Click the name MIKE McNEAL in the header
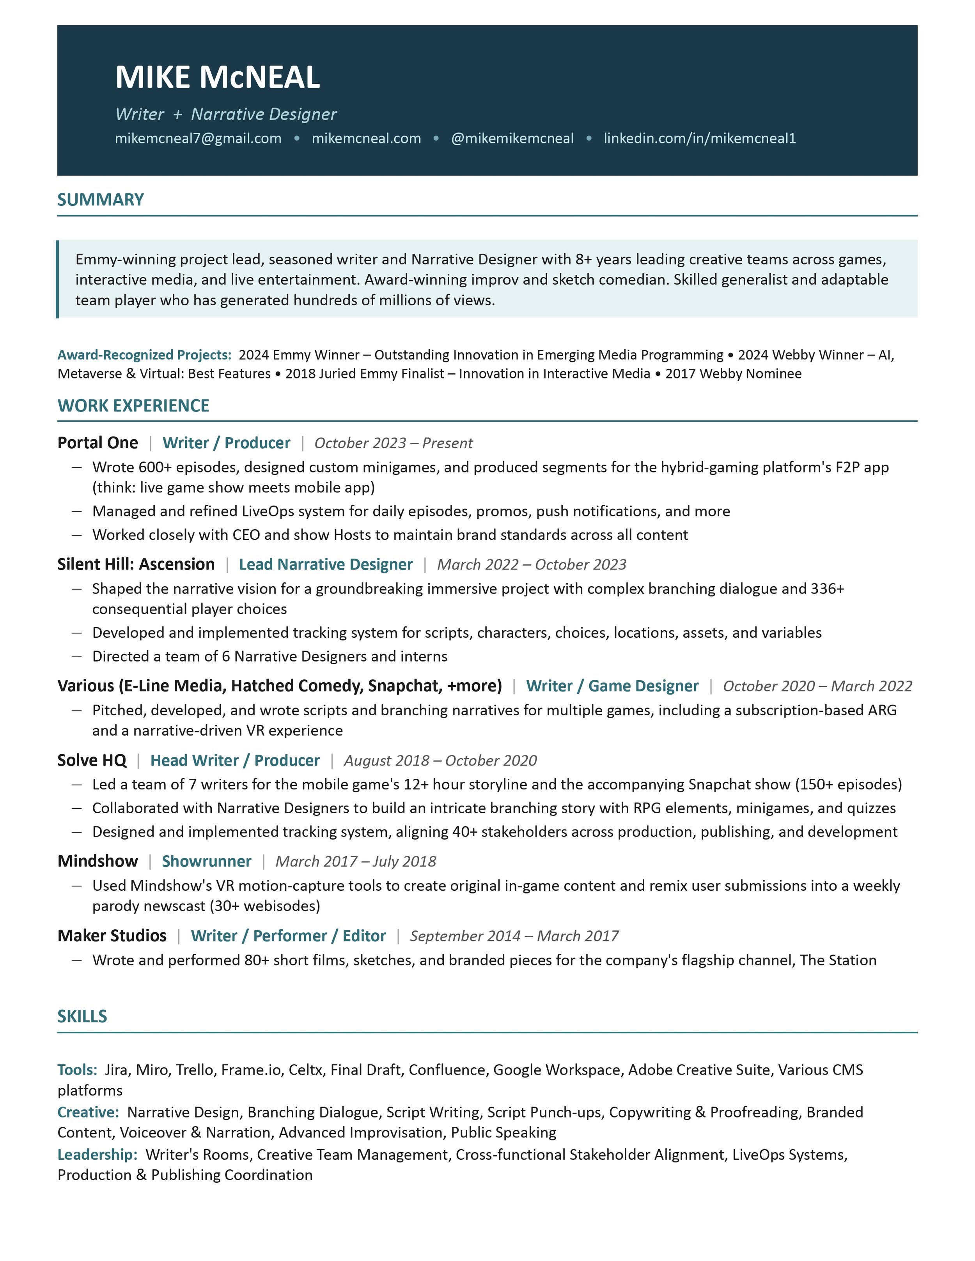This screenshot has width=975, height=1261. [x=217, y=77]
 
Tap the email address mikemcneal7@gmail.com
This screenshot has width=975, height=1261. [x=198, y=138]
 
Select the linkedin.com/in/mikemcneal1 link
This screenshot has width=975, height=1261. [x=700, y=138]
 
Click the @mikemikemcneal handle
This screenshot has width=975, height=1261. [x=512, y=138]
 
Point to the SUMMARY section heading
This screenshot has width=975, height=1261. [x=101, y=200]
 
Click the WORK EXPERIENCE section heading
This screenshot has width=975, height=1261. [x=133, y=406]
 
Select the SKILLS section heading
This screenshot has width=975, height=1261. [x=82, y=1016]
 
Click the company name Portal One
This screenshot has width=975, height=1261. [x=97, y=443]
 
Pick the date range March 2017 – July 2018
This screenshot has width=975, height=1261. [x=356, y=861]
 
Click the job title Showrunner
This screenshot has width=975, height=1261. [x=206, y=861]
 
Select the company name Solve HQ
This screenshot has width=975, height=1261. [x=92, y=760]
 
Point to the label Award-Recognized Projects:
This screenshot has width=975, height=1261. [x=144, y=355]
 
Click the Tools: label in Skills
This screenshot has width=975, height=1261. [x=77, y=1070]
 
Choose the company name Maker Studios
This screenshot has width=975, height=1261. [x=112, y=936]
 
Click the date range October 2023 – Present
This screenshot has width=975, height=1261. [x=394, y=443]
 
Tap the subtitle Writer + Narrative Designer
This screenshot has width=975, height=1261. [x=226, y=114]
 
